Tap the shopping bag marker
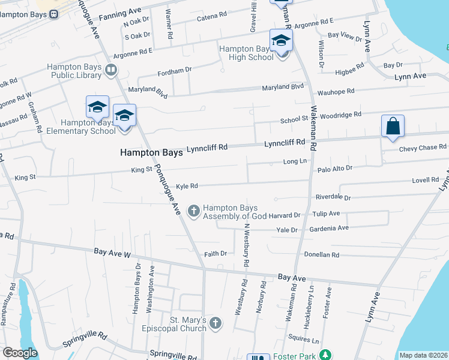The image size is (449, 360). [x=393, y=127]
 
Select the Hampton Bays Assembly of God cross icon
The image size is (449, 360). [x=193, y=211]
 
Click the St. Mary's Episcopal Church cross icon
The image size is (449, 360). [x=215, y=323]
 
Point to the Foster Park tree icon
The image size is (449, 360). [x=325, y=356]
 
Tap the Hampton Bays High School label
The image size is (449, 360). [x=247, y=53]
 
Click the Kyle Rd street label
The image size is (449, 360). [x=187, y=186]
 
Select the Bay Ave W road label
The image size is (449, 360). [x=112, y=254]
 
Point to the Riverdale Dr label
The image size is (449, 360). [x=333, y=197]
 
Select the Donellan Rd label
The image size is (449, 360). [x=322, y=254]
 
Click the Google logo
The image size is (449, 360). [x=20, y=353]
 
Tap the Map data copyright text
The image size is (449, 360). [x=423, y=355]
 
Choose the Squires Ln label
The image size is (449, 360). [x=303, y=338]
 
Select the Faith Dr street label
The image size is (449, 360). [x=215, y=254]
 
